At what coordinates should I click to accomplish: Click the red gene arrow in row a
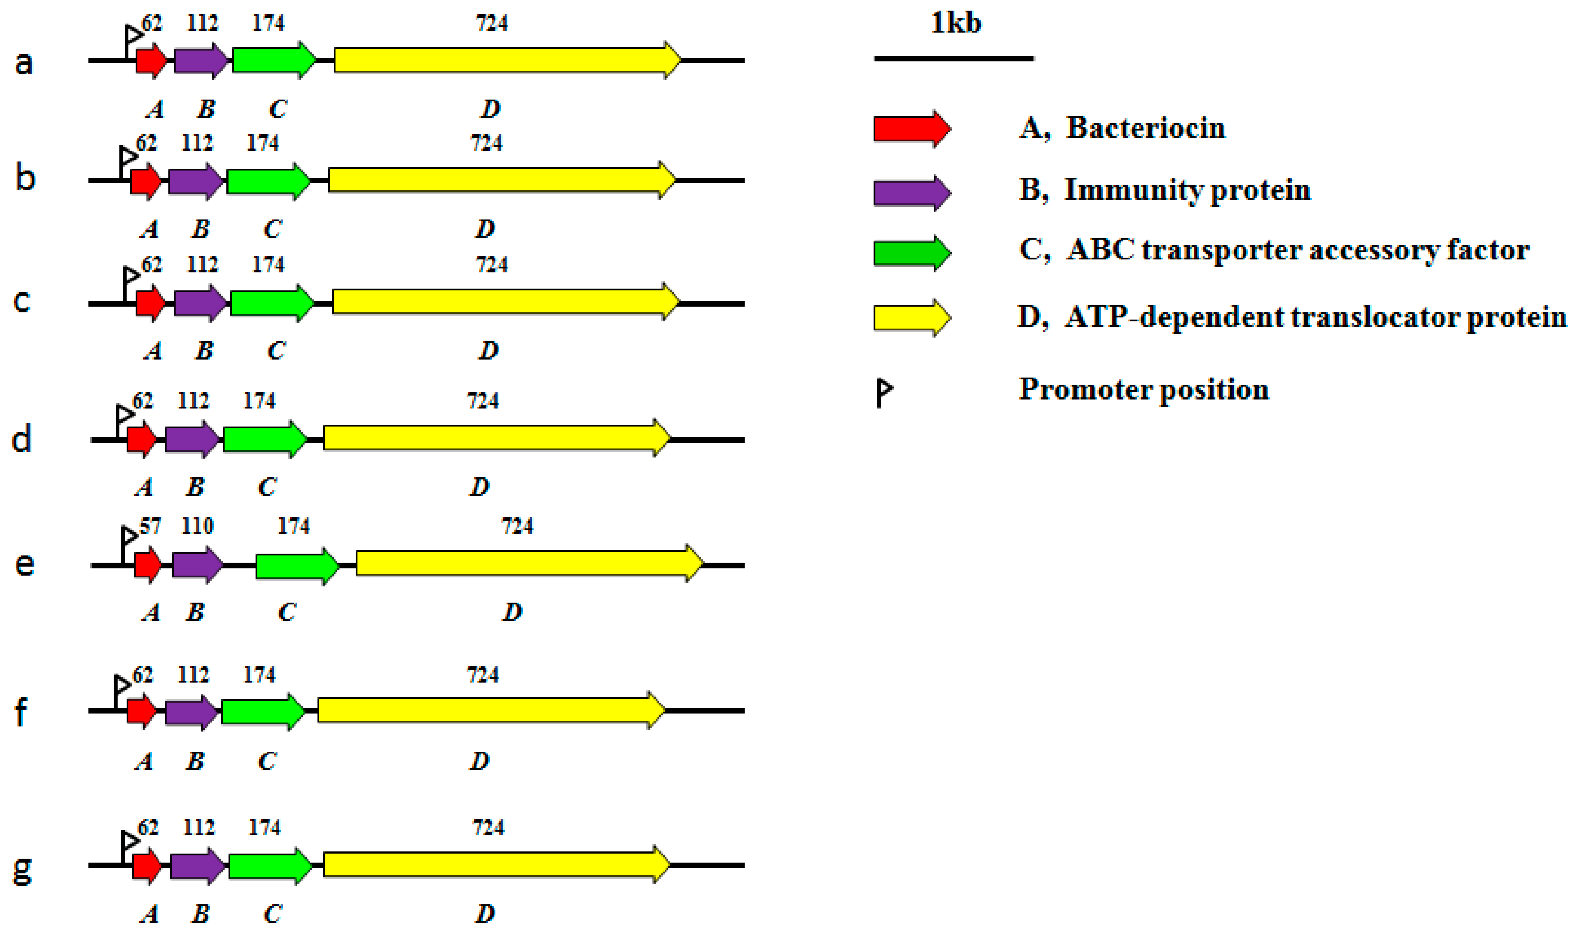151,61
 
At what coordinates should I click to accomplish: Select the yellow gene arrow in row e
529,563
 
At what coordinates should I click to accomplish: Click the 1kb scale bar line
953,59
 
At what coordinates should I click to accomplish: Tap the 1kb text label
956,24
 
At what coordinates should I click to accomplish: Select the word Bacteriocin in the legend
1146,128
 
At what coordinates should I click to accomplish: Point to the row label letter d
21,439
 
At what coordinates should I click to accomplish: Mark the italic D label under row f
479,761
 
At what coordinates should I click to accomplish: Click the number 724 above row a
491,24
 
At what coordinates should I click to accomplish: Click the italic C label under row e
287,612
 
